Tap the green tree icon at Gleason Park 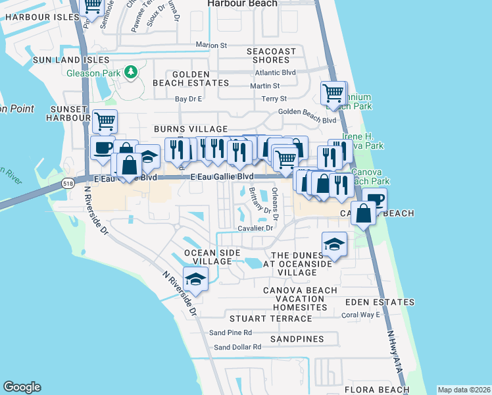[x=131, y=72]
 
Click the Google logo [x=22, y=387]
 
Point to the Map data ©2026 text [x=464, y=390]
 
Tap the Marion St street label [x=210, y=45]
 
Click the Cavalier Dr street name [x=255, y=228]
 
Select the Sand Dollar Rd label [x=237, y=347]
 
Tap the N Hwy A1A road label [x=394, y=353]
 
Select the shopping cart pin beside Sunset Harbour [x=105, y=120]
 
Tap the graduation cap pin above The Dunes [x=334, y=244]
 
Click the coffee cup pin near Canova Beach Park [x=374, y=199]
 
